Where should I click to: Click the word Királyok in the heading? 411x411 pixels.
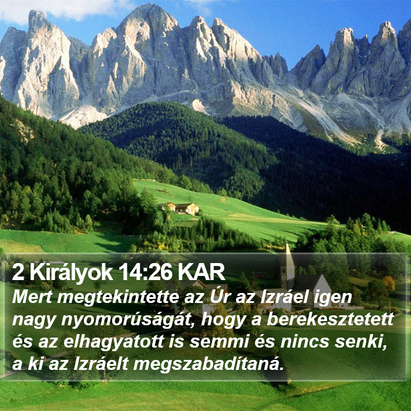pyautogui.click(x=71, y=273)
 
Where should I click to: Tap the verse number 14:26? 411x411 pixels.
pyautogui.click(x=146, y=272)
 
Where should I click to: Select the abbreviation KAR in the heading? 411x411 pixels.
pyautogui.click(x=201, y=272)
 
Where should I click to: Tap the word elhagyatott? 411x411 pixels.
pyautogui.click(x=114, y=342)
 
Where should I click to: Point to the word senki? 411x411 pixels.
pyautogui.click(x=361, y=342)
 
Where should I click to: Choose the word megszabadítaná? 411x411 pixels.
pyautogui.click(x=208, y=365)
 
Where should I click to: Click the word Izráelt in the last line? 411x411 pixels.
pyautogui.click(x=101, y=364)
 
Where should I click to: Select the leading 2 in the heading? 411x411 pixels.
pyautogui.click(x=18, y=272)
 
